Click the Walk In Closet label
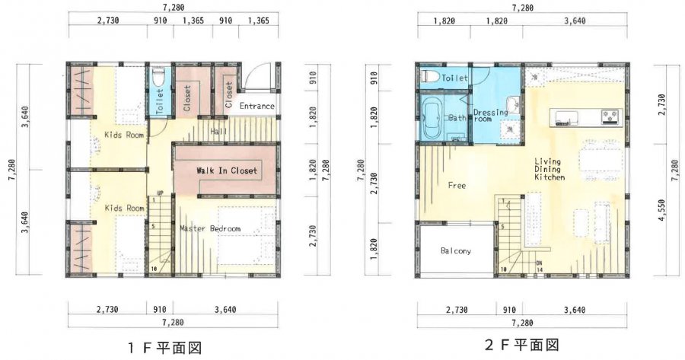point(227,170)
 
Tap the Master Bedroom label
point(210,228)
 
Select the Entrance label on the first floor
point(257,106)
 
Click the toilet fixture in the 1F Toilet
point(158,77)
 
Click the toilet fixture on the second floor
point(429,76)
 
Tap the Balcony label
point(456,250)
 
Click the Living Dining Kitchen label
point(550,170)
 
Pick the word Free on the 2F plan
point(457,185)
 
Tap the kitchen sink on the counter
point(566,117)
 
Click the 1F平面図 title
point(164,348)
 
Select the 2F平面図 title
point(521,345)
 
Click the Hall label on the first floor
point(219,131)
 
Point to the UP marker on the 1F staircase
point(161,193)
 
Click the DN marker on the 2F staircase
point(540,263)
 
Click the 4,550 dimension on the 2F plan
point(663,211)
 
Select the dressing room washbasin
point(512,105)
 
